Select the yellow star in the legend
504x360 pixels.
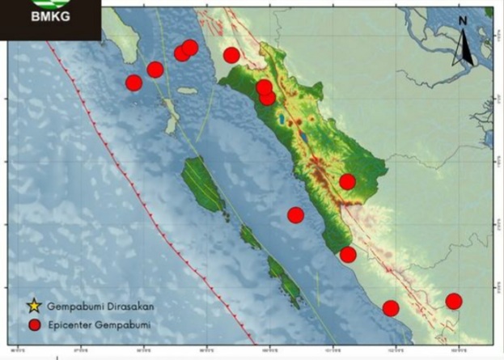click(33, 307)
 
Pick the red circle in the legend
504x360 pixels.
click(33, 325)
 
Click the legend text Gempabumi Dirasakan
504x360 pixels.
click(100, 307)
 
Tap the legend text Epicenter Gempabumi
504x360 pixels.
click(99, 325)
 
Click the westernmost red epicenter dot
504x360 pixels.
click(134, 83)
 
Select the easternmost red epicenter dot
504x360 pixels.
click(454, 301)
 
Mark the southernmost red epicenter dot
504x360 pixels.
click(391, 308)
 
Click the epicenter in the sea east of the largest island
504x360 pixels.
click(295, 214)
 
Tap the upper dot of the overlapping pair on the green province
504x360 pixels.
click(264, 87)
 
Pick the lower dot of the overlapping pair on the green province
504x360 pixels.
click(268, 98)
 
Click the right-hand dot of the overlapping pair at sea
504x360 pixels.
click(190, 48)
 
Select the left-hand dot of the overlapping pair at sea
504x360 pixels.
click(182, 53)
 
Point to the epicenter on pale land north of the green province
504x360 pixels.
click(231, 55)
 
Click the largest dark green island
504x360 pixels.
click(202, 184)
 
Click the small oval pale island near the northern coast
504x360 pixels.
click(188, 91)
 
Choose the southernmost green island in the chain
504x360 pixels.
click(287, 287)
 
